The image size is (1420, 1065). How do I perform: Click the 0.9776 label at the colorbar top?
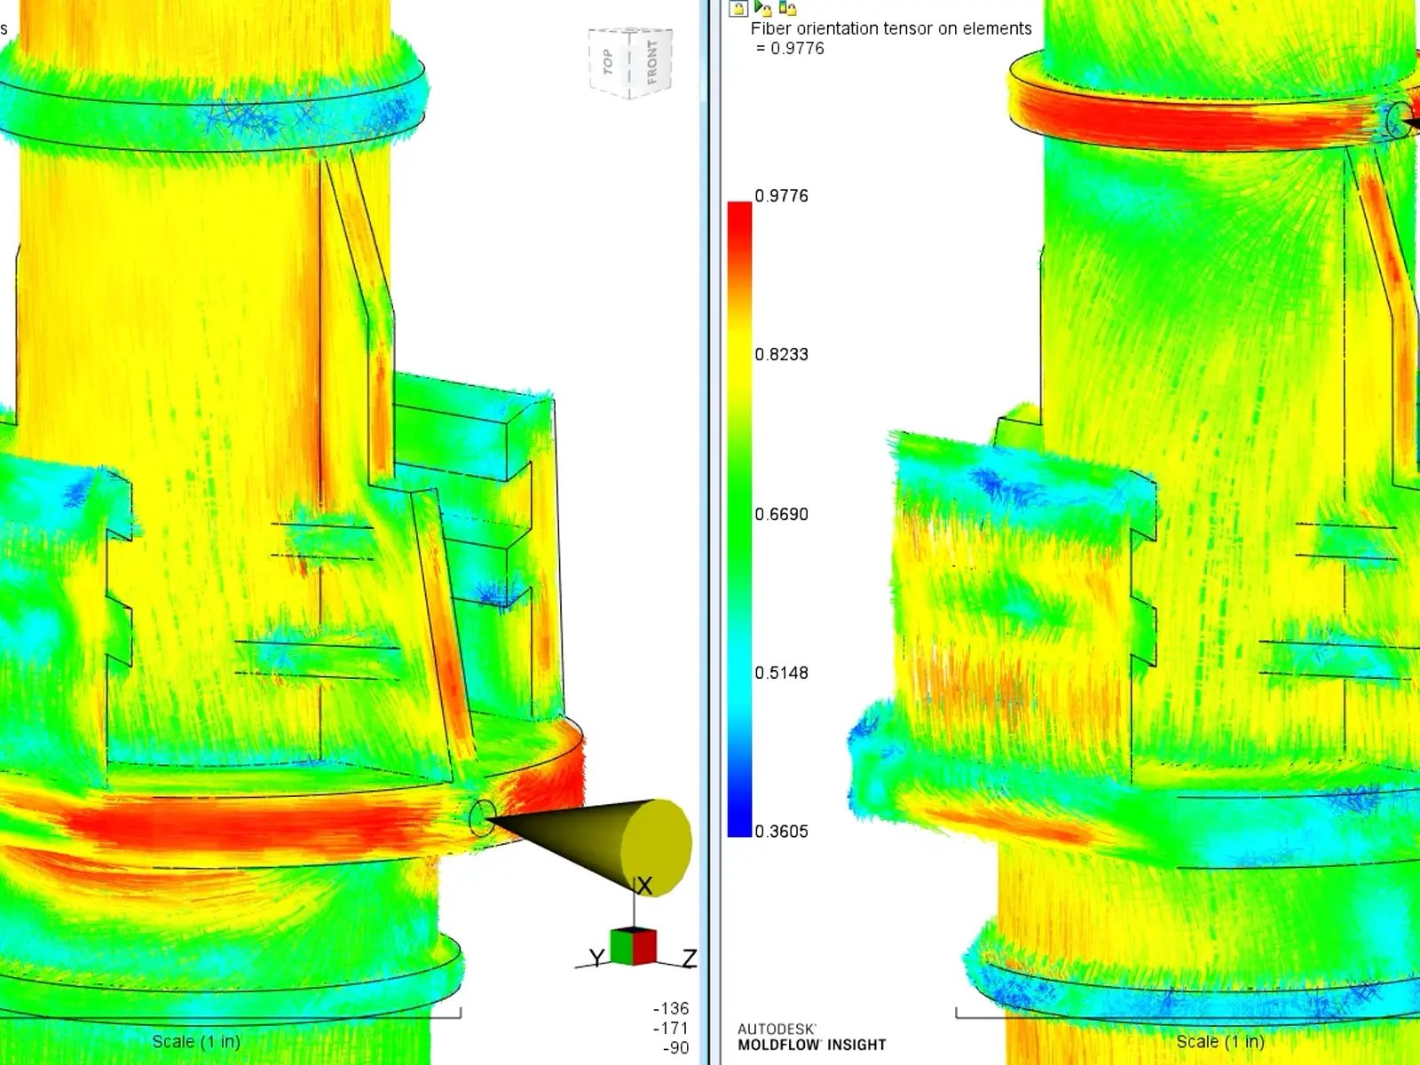[x=781, y=196]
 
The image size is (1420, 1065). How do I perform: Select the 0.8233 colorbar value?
[x=781, y=355]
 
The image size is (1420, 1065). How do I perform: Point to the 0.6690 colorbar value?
[x=781, y=515]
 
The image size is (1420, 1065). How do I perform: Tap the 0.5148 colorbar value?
[x=781, y=673]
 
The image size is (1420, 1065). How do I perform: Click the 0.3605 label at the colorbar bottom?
[x=781, y=832]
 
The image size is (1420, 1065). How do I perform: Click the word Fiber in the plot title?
[x=770, y=28]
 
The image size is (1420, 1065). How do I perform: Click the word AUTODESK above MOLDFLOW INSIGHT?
[x=777, y=1029]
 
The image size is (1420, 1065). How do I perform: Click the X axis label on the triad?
[x=644, y=886]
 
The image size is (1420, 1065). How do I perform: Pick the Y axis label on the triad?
[x=596, y=958]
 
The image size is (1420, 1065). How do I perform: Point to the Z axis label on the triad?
[x=690, y=958]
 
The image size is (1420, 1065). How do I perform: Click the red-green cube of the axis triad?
[x=633, y=946]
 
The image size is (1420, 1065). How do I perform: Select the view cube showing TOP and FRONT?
[x=630, y=62]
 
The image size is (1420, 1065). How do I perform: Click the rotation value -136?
[x=671, y=1009]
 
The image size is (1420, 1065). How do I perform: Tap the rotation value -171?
[x=671, y=1029]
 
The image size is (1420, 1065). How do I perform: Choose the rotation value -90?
[x=675, y=1048]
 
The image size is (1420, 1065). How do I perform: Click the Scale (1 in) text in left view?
[x=196, y=1042]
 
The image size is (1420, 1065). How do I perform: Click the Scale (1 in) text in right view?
[x=1220, y=1042]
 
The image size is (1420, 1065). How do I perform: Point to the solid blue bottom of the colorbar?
[x=739, y=821]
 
